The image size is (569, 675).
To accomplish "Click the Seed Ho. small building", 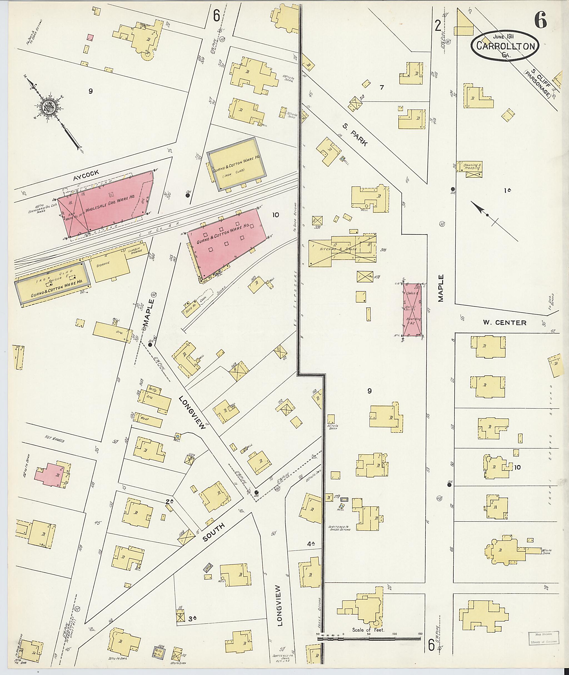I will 191,308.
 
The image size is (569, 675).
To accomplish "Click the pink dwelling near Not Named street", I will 52,474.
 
